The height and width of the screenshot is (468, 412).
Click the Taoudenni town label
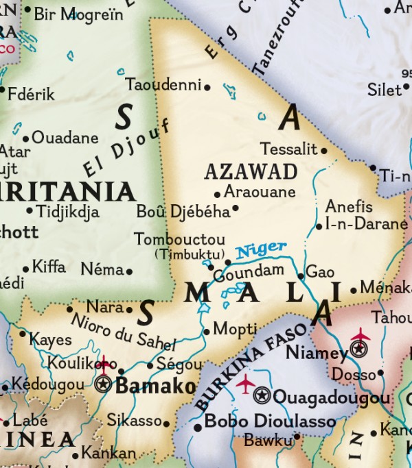tap(164, 85)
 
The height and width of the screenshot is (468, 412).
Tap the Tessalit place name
tap(289, 149)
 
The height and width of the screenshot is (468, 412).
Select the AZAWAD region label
tap(251, 171)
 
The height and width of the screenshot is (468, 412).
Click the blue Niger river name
tap(262, 249)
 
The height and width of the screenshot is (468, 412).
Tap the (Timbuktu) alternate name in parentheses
tap(185, 254)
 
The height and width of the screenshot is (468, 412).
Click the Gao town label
tap(320, 272)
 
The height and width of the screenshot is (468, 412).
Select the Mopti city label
tap(235, 329)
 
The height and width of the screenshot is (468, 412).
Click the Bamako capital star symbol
tap(104, 384)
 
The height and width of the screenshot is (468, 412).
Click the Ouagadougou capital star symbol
tap(262, 395)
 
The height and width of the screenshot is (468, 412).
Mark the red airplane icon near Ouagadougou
tap(245, 384)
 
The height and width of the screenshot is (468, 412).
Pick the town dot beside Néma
tap(129, 271)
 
